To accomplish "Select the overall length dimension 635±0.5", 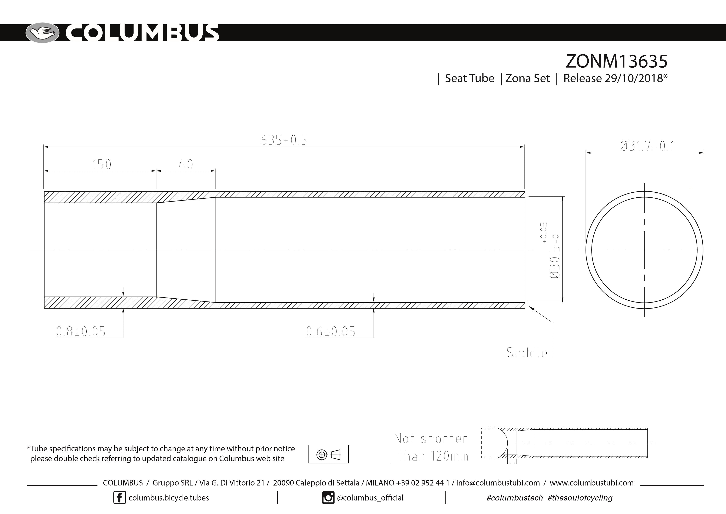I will pos(284,140).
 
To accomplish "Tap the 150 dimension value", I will pos(102,165).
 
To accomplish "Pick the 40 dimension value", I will pos(186,165).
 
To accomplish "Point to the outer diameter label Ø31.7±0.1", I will pos(647,146).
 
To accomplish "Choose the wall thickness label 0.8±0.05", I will pos(81,332).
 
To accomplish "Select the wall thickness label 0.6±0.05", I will pos(330,332).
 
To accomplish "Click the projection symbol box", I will pos(328,454).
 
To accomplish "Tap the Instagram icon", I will pos(328,498).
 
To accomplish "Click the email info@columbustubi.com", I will pos(498,483).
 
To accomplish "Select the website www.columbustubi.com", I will pos(592,483).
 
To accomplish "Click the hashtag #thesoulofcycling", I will pos(580,498).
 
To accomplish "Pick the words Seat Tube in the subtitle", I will pos(469,79).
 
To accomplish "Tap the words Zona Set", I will pos(528,79).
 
